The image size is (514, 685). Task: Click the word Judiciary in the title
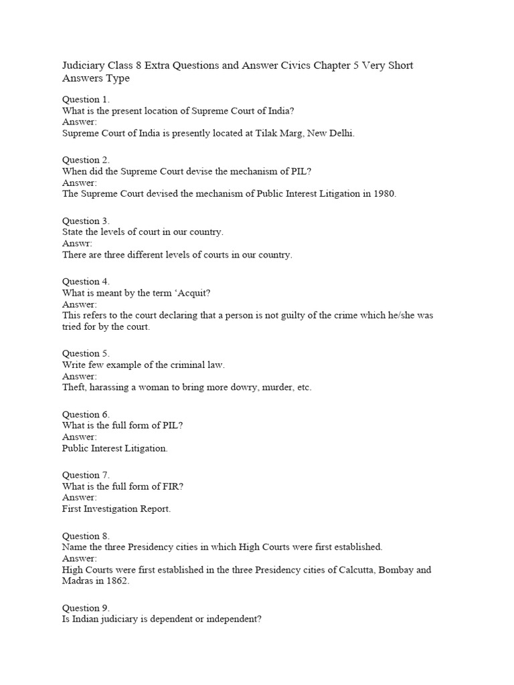point(85,66)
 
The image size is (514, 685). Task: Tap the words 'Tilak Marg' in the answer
point(279,133)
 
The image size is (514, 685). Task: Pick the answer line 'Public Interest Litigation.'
point(115,448)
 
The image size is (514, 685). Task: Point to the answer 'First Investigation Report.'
point(116,509)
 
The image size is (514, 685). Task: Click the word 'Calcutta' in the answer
point(351,570)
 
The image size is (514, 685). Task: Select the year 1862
point(116,581)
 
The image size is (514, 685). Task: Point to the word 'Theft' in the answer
point(74,387)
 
